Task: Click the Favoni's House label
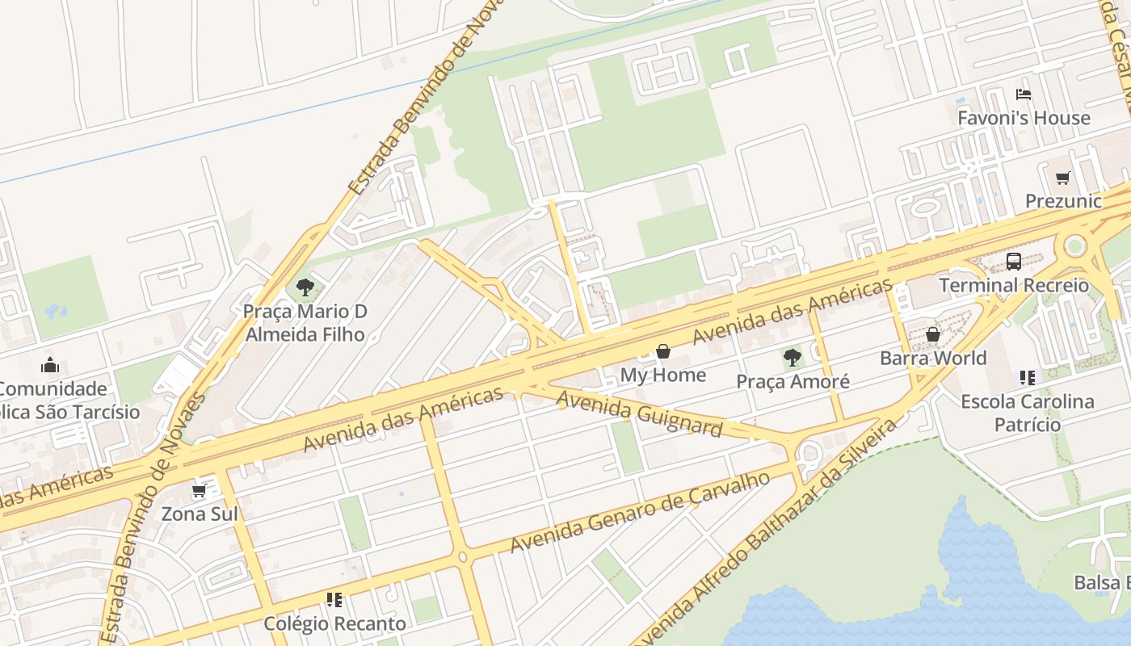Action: coord(1024,118)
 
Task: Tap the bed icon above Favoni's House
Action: coord(1024,94)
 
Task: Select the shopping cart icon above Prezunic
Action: coord(1063,178)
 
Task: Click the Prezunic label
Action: coord(1063,201)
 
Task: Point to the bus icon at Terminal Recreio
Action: coord(1014,261)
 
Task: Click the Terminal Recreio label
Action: coord(1014,285)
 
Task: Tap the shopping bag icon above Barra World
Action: coord(933,334)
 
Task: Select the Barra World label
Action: coord(933,358)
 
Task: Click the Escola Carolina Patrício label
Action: coord(1027,413)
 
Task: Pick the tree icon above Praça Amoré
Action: coord(793,357)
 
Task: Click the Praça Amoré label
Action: coord(793,381)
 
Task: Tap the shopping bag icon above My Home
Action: coord(663,351)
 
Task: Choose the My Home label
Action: coord(663,375)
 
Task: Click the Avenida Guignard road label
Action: coord(638,413)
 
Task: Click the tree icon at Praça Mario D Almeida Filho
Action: coord(305,287)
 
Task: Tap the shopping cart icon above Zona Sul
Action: coord(200,490)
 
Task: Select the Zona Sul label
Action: coord(200,514)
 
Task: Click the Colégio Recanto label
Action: coord(334,623)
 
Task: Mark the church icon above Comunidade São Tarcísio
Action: coord(50,365)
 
